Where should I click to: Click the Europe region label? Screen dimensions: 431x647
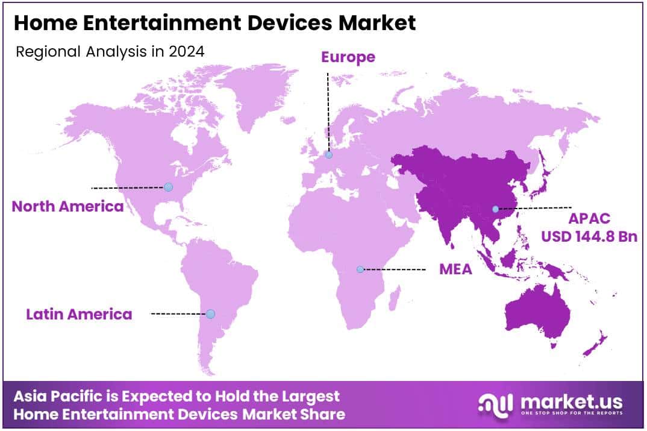[348, 57]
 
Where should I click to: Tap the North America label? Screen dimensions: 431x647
[67, 207]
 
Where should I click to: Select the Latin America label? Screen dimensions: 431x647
[79, 314]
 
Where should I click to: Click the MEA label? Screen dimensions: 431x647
[455, 269]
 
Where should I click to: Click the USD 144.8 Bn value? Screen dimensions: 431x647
[589, 236]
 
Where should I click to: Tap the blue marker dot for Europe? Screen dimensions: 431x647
[328, 155]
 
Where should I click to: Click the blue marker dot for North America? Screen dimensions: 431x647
[168, 187]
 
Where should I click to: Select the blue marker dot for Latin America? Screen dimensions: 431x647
[210, 314]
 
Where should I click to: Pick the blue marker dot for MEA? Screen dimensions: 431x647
[360, 269]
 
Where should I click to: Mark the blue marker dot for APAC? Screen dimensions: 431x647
[495, 209]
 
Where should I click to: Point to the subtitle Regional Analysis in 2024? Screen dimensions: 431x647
[110, 52]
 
